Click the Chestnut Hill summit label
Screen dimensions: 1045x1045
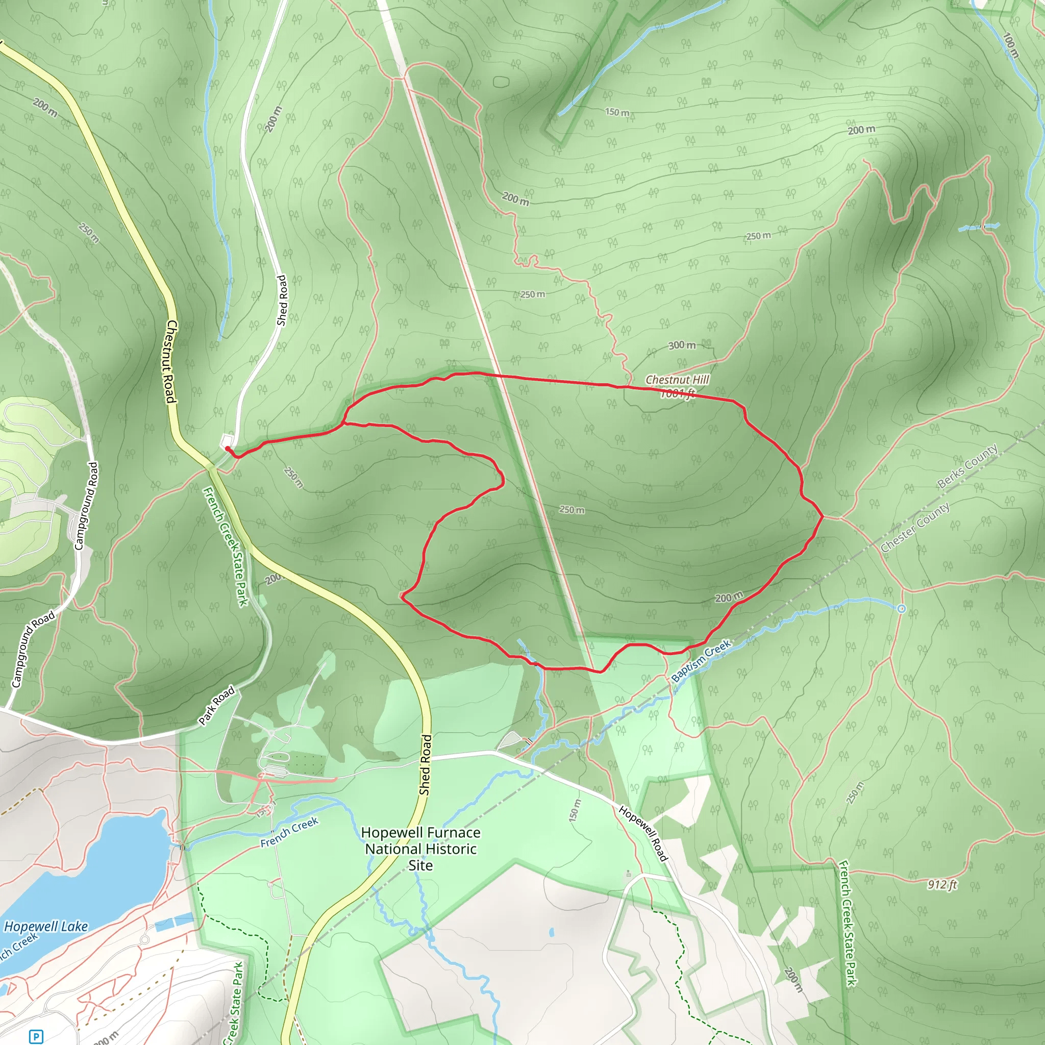tap(677, 380)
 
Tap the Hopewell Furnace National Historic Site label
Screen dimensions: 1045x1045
tap(420, 849)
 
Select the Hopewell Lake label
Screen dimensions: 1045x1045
tap(46, 927)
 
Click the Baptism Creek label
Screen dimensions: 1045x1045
tap(701, 661)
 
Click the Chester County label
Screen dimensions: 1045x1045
tap(915, 528)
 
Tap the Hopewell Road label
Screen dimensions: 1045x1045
tap(643, 833)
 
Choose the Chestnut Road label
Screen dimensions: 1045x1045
tap(170, 361)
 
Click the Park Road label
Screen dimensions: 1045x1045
tap(216, 705)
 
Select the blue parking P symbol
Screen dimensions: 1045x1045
tap(36, 1037)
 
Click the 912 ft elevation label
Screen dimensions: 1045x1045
tap(942, 884)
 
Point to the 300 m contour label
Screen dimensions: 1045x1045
tap(682, 345)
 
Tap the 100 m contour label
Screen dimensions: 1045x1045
tap(1010, 45)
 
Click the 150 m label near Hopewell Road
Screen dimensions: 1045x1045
tap(575, 811)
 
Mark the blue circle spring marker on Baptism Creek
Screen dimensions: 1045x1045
tap(901, 609)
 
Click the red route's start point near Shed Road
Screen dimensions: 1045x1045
tap(227, 448)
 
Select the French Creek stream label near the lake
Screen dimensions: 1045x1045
tap(289, 833)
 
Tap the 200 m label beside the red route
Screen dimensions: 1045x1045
tap(729, 598)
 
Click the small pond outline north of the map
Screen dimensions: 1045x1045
tap(502, 82)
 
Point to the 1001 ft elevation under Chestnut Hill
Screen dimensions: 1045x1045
tap(677, 393)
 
